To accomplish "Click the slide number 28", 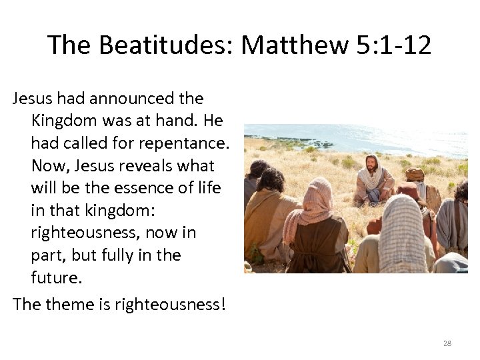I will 447,343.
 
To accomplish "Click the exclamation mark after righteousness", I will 223,305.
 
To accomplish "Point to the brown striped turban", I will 415,175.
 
